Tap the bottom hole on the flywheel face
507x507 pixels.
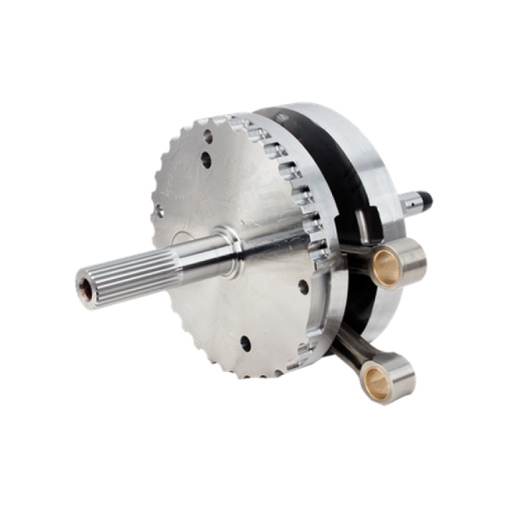tap(244, 342)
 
